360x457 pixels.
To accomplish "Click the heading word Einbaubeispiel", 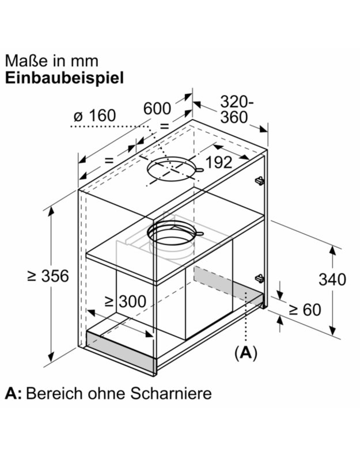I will coord(65,78).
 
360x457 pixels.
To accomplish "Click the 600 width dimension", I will coord(157,108).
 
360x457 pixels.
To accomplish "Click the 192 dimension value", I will coord(219,162).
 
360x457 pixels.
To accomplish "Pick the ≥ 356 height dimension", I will coord(48,276).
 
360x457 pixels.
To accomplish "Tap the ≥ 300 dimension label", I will coord(125,301).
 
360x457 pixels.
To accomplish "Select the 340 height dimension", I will coord(333,280).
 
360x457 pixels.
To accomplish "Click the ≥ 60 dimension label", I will coord(304,310).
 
